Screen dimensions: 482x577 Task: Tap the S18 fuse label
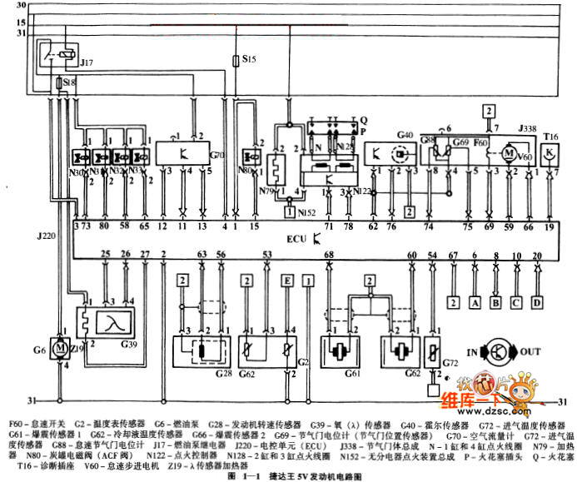point(69,83)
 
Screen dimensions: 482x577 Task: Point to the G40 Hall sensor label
point(405,134)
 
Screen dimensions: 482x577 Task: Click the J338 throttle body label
point(528,130)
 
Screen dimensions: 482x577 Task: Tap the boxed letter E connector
point(287,281)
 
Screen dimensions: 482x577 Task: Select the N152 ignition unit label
point(307,212)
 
